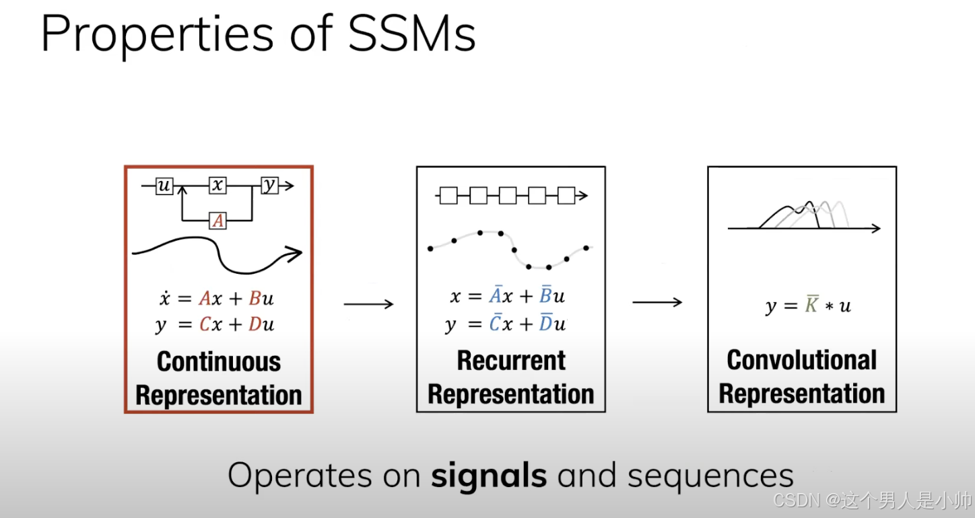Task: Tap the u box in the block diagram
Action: click(x=164, y=186)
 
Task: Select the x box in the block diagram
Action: click(x=217, y=186)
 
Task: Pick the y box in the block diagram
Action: click(x=269, y=186)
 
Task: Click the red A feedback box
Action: click(x=217, y=220)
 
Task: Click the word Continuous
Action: click(x=219, y=362)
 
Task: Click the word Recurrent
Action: click(x=511, y=361)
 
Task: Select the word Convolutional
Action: click(x=801, y=360)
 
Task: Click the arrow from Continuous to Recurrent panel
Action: click(x=368, y=305)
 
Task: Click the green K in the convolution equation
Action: click(x=812, y=305)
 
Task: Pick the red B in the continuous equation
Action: click(x=255, y=299)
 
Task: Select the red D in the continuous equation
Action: click(x=255, y=325)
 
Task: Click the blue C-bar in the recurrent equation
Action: click(x=495, y=324)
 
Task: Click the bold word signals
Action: click(x=489, y=476)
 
